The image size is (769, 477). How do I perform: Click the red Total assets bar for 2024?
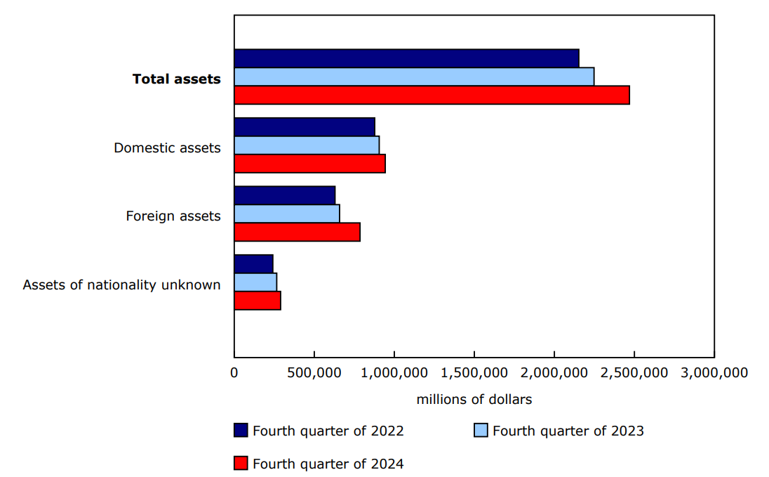point(432,96)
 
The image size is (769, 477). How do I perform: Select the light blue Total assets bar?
point(414,77)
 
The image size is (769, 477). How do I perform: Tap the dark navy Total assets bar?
point(406,59)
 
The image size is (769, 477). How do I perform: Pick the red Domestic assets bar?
point(309,164)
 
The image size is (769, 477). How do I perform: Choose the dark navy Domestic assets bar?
point(305,127)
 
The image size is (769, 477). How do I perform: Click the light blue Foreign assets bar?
point(287,214)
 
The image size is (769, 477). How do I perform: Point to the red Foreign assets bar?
point(297,232)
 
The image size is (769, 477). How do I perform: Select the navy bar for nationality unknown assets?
point(253,264)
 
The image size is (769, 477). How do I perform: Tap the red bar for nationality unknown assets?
point(258,301)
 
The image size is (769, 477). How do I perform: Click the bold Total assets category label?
point(176,79)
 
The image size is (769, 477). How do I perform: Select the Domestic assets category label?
point(167,148)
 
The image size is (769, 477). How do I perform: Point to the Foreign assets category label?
point(173,216)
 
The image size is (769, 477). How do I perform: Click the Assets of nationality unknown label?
point(121,285)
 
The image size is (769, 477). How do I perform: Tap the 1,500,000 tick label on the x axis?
point(474,372)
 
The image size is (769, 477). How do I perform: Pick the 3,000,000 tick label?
point(714,372)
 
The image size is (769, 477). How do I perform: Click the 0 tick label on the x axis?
point(234,372)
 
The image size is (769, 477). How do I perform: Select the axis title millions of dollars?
point(474,399)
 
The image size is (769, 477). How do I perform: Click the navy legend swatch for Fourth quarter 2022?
point(241,431)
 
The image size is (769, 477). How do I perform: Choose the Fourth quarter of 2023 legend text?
point(568,431)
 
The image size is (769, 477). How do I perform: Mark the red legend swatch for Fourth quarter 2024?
point(241,464)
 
